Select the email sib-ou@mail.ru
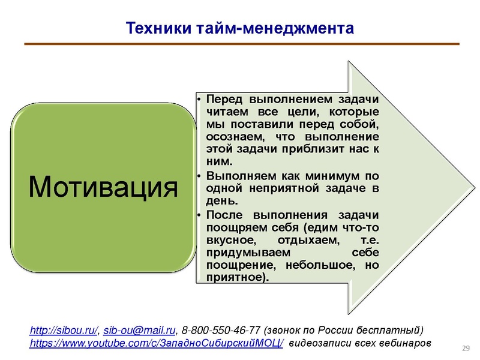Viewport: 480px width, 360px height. [140, 331]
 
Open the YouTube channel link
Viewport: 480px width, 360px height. [157, 344]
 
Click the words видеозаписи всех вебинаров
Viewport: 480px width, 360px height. [360, 344]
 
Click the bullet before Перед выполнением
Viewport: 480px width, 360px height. [200, 98]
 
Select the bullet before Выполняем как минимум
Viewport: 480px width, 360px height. [200, 177]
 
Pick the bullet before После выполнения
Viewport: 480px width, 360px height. [200, 215]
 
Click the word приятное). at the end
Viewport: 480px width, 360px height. [236, 278]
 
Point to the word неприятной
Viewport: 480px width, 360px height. [278, 190]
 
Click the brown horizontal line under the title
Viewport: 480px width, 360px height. [240, 44]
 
